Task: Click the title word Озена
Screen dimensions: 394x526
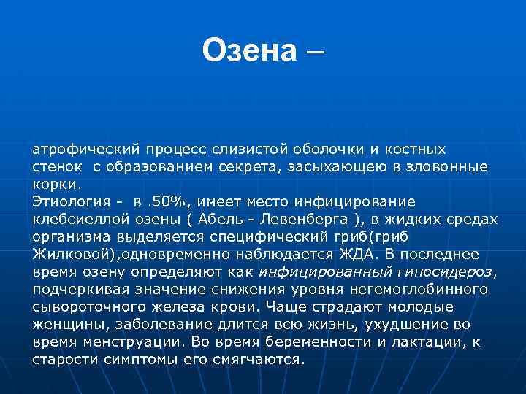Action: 249,50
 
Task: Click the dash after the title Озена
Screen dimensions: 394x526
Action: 319,52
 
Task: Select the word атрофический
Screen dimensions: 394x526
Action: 77,149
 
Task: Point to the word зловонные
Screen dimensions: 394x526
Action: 450,166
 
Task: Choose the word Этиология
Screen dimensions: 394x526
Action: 68,201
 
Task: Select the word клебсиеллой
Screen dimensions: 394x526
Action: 75,219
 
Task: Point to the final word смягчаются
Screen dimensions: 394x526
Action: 256,359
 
